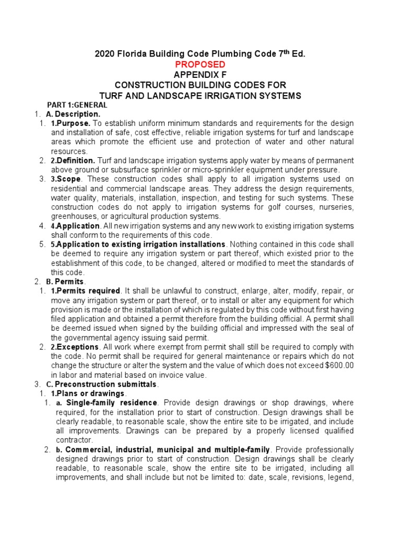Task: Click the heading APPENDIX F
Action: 200,74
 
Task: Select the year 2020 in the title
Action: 103,54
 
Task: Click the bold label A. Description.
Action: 73,114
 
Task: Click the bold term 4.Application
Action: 75,226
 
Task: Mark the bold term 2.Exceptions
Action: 74,347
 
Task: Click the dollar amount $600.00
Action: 336,366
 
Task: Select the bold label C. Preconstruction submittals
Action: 102,384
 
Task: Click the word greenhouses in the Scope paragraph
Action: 74,216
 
